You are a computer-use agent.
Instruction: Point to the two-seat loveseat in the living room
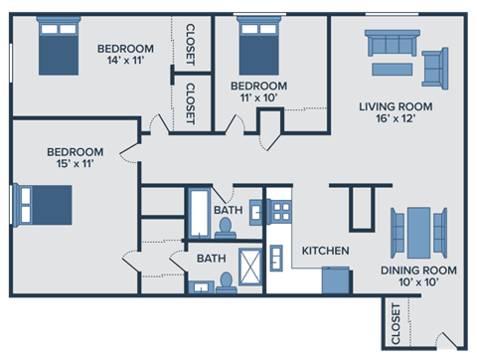click(434, 67)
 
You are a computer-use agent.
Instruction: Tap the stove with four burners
click(281, 211)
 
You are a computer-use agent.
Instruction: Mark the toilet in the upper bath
click(226, 228)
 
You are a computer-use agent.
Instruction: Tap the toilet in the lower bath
click(227, 281)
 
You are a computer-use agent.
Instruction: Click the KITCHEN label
click(323, 250)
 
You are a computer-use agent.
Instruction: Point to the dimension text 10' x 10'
click(416, 283)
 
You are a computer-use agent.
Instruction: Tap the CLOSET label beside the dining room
click(395, 322)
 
